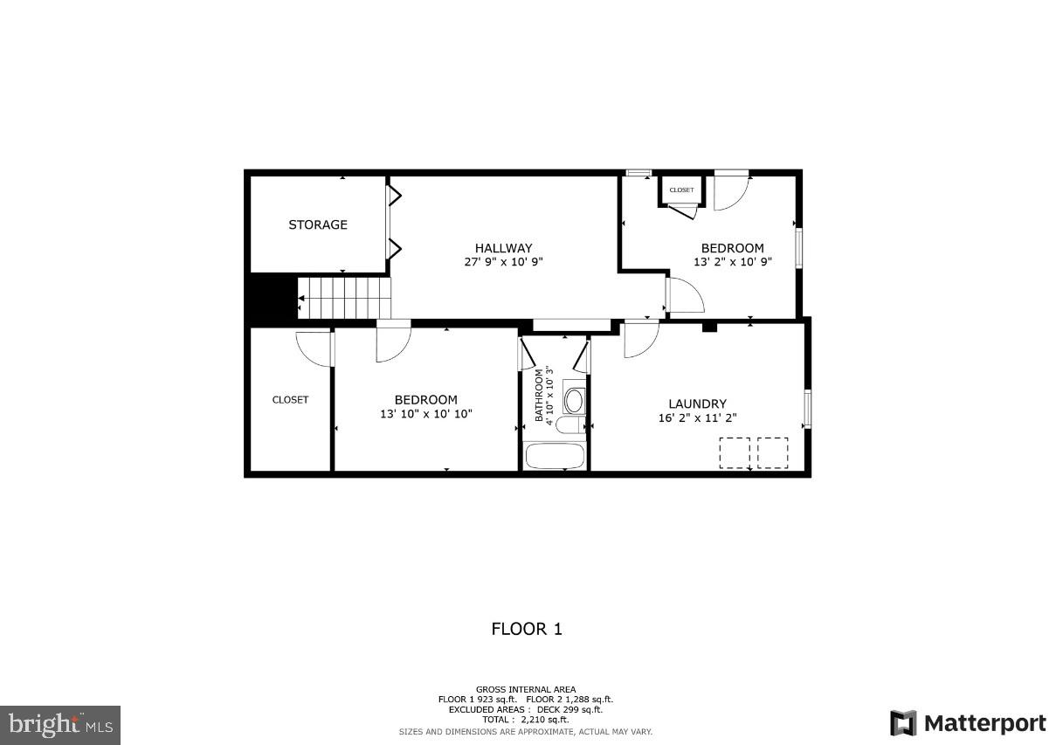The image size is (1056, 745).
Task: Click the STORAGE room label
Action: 318,224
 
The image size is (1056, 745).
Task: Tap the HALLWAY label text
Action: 503,248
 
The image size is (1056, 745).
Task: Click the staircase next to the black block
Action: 345,298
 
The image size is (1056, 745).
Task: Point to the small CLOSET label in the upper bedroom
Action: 681,190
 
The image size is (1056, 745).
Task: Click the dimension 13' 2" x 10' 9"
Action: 732,261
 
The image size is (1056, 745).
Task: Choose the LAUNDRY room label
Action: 697,404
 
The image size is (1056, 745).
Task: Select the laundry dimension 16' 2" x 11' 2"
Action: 697,417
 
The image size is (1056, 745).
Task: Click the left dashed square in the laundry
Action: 734,452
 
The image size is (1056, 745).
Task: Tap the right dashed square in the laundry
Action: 772,452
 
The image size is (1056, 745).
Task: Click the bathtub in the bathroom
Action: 555,456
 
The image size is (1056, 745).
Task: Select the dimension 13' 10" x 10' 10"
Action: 425,414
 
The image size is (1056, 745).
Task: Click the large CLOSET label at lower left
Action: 290,399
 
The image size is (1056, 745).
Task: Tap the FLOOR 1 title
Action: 527,628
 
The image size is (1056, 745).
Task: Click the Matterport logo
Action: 968,723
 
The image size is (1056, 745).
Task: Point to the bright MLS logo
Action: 60,724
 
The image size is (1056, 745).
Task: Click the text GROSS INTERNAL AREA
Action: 526,689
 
